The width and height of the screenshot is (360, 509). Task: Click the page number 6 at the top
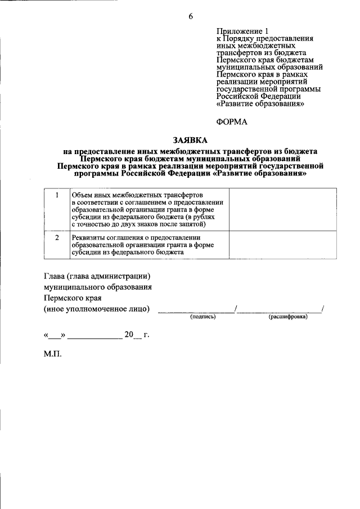coord(191,16)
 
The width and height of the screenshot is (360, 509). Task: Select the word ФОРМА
coord(232,121)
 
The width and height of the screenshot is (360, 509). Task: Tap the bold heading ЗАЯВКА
coord(190,139)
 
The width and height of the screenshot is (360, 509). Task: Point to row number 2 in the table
coord(57,237)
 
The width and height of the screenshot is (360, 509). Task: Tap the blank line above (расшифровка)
coord(280,310)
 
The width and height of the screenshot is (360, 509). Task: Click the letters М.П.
coord(52,355)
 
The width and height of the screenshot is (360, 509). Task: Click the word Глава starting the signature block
coord(55,276)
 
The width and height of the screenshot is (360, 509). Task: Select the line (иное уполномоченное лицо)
coord(97,309)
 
